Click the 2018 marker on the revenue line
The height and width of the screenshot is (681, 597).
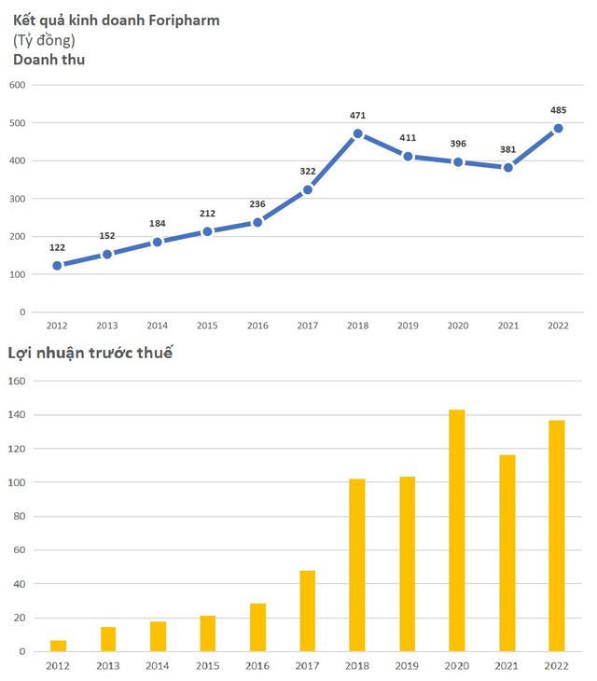point(357,133)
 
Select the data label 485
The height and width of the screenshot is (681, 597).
point(558,110)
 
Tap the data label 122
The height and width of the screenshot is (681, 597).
point(58,247)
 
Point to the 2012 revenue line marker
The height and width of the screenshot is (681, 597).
point(58,266)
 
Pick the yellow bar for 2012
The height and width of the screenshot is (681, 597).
point(58,646)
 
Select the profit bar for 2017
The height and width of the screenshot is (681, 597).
point(307,610)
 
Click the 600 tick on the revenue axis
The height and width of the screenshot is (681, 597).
point(17,85)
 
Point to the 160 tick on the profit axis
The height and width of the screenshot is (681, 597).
point(17,381)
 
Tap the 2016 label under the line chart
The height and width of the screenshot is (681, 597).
point(257,326)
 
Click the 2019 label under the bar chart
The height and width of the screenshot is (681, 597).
point(407,665)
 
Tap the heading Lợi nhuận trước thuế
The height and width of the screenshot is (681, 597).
point(90,353)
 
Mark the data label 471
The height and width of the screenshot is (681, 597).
point(357,116)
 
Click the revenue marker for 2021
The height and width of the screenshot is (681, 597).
point(507,167)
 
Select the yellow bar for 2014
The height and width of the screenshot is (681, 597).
point(158,636)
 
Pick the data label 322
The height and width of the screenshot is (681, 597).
point(308,172)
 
